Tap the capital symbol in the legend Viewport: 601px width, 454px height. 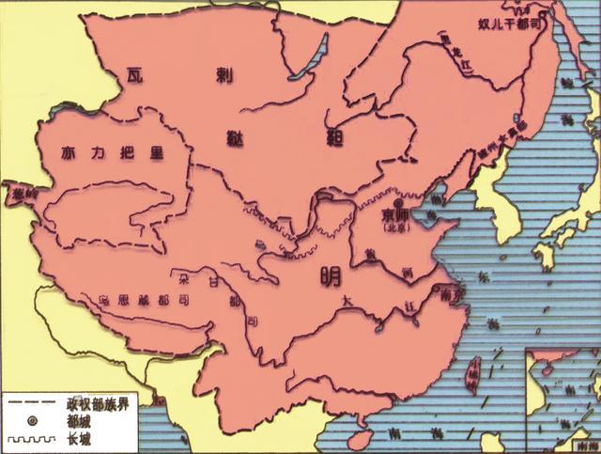(32, 419)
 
